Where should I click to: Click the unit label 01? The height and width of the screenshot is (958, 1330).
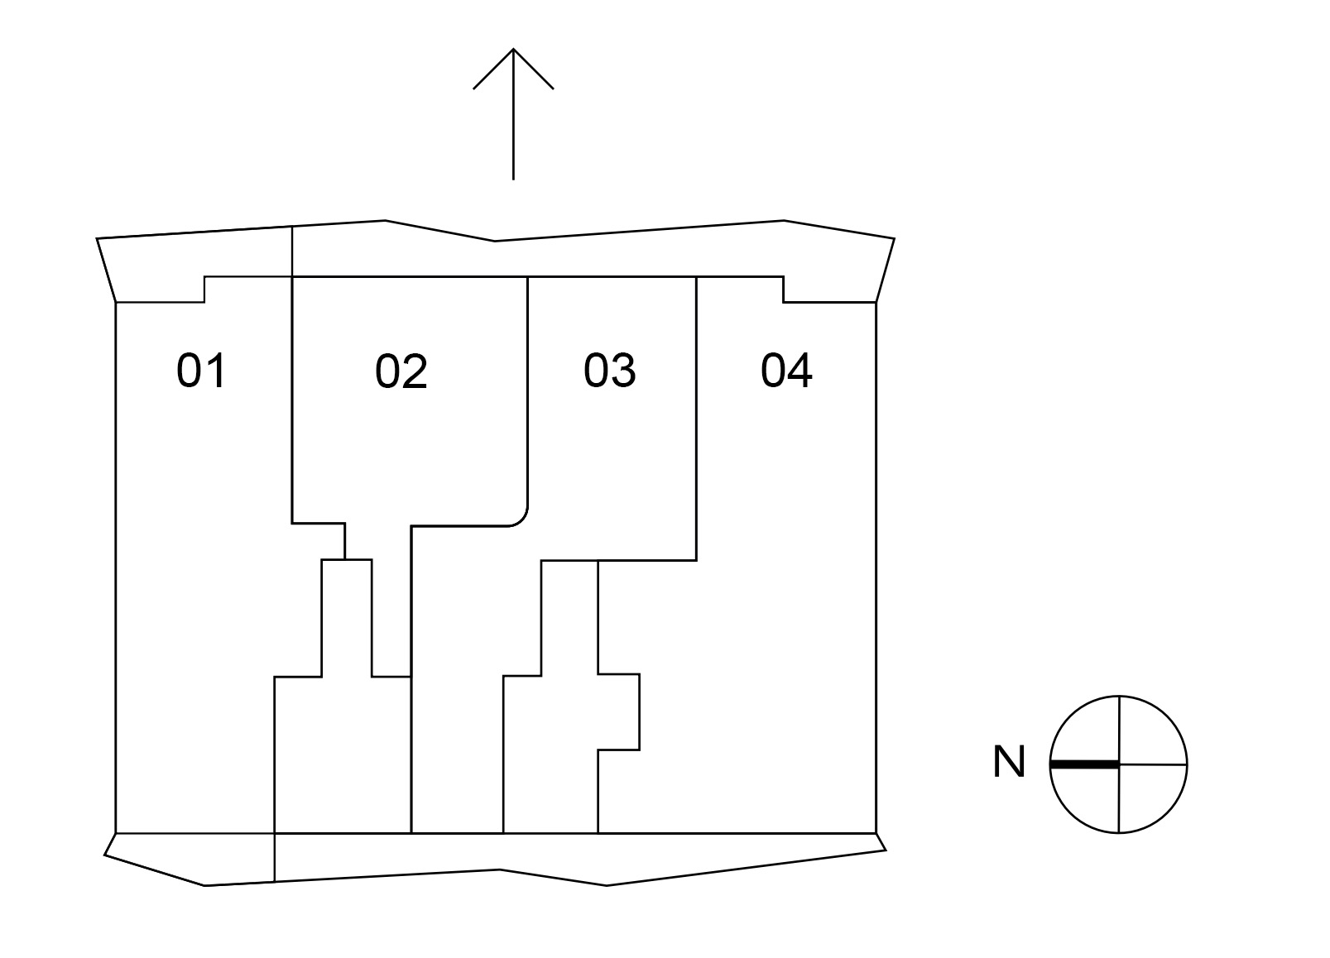coord(201,371)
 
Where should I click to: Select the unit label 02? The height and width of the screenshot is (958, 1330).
coord(401,371)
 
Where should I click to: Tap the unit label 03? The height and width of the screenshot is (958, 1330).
coord(610,371)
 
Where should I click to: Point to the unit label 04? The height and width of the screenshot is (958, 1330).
coord(787,371)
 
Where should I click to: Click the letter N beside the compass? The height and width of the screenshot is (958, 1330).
coord(1009,762)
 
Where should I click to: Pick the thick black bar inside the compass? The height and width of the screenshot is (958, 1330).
coord(1084,764)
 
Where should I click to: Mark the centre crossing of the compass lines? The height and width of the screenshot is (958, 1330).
coord(1119,764)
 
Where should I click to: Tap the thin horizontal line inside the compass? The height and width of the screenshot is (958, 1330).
coord(1152,764)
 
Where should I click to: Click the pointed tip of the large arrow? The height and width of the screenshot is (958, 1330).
coord(513,49)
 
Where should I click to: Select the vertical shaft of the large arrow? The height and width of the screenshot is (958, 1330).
coord(513,114)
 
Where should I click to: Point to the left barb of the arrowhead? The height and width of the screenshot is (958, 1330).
coord(492,69)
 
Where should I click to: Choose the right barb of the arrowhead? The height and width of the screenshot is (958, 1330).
coord(533,69)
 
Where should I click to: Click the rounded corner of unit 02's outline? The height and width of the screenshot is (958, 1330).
coord(521,520)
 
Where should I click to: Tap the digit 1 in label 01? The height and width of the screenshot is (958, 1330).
coord(217,371)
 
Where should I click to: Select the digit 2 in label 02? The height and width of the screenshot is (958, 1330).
coord(415,371)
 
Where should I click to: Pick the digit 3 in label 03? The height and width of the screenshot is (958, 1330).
coord(624,371)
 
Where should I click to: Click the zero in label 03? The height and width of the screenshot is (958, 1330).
coord(596,371)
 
